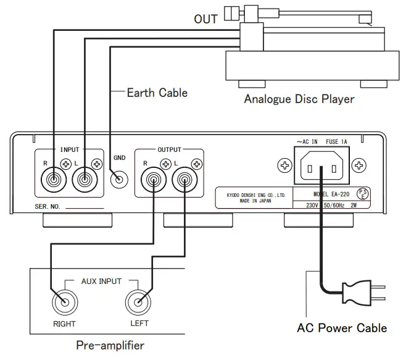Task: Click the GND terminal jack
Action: (118, 180)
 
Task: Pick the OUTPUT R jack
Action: (152, 181)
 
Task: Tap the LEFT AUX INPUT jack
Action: (137, 303)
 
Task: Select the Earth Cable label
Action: (157, 93)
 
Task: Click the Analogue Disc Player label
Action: (299, 99)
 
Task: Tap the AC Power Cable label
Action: (342, 327)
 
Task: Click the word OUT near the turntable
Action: (205, 19)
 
